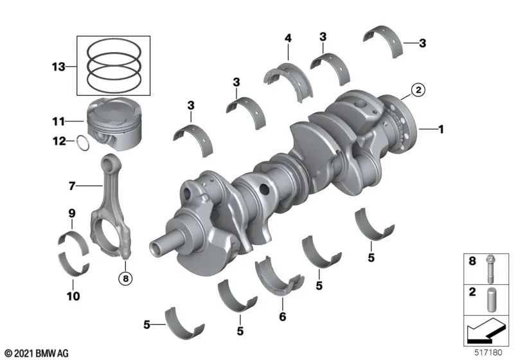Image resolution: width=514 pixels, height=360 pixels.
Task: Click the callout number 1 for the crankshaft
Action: [441, 130]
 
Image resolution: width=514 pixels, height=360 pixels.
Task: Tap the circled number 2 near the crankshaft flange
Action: [417, 91]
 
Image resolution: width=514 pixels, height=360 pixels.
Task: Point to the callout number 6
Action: [280, 317]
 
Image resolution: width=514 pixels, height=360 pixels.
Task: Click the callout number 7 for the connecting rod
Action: [72, 186]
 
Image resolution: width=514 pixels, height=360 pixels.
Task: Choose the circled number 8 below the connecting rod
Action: [125, 279]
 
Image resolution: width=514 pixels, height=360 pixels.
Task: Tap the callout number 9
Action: [72, 213]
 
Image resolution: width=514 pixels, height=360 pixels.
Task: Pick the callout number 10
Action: [73, 296]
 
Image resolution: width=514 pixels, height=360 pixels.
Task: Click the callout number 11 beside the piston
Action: [58, 120]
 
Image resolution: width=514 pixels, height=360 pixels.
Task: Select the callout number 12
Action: [58, 142]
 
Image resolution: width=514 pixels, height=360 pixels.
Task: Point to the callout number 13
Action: [58, 66]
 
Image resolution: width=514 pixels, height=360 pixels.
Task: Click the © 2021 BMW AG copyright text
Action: [36, 353]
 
